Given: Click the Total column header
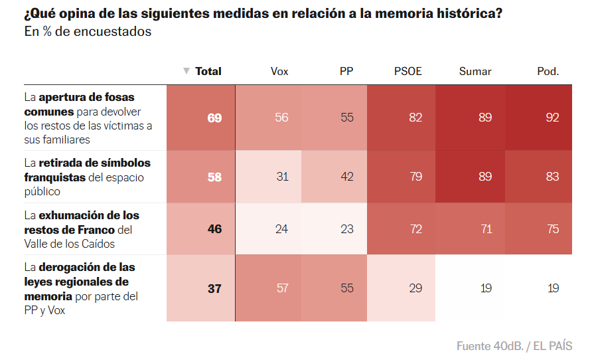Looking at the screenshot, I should [208, 71].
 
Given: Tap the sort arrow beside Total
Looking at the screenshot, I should [186, 71].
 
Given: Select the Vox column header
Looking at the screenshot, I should [279, 71].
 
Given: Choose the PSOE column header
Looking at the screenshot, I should [408, 71].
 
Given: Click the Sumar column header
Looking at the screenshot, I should [475, 71].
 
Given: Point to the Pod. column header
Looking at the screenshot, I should [548, 71].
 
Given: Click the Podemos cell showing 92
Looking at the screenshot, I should [552, 118].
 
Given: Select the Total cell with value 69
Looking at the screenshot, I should [214, 118].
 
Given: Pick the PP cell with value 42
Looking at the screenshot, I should [346, 177].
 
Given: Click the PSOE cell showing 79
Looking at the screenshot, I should [415, 177].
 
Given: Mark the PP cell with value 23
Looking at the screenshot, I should [346, 229].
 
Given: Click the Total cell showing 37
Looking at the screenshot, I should [214, 288].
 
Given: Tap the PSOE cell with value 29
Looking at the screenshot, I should [415, 288].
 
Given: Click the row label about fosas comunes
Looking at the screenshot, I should [88, 118].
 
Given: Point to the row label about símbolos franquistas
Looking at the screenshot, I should [87, 177].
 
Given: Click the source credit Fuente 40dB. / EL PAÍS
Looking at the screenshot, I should [514, 346].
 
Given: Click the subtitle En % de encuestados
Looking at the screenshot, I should [88, 32].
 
